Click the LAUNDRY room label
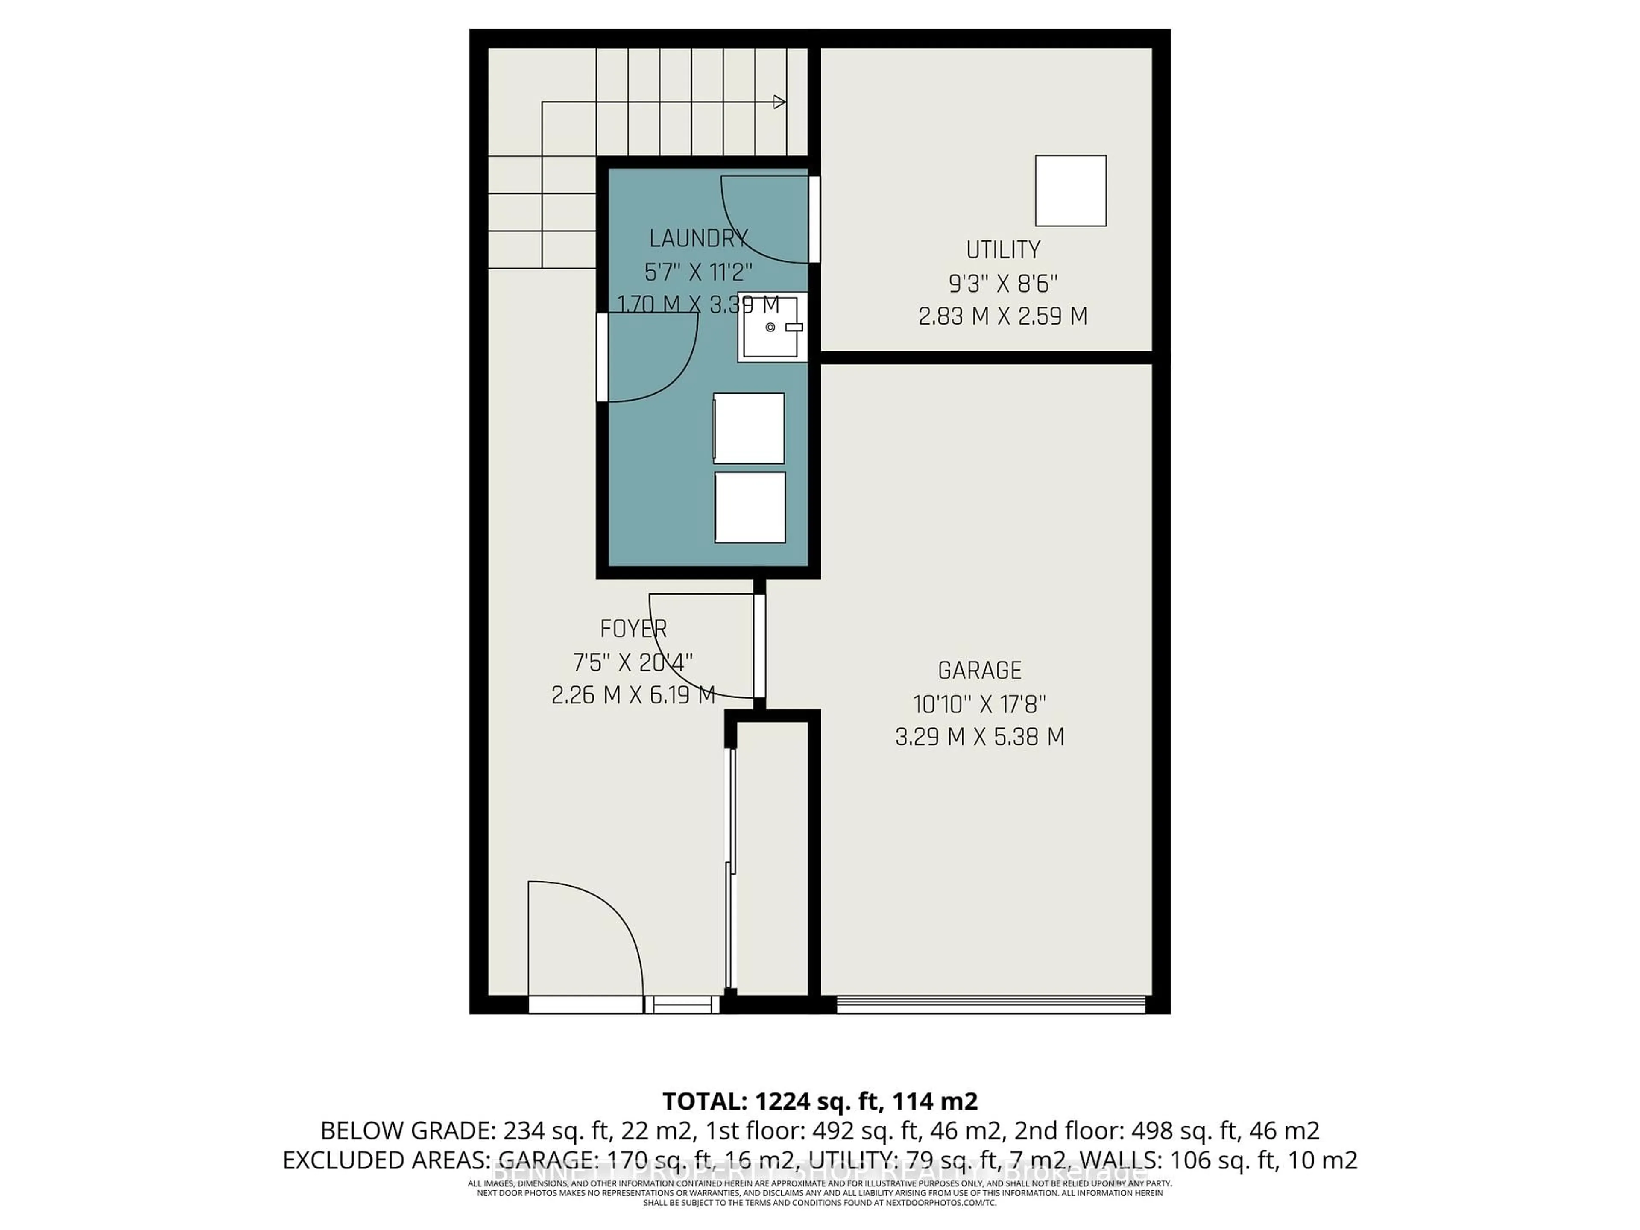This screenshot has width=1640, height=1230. [x=698, y=239]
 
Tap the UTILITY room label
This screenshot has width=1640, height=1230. [x=1002, y=250]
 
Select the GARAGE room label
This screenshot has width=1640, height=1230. [x=979, y=670]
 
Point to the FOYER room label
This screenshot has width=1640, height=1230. [x=633, y=629]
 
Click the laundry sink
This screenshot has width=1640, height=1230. [x=771, y=328]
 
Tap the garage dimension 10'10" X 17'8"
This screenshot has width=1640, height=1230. [x=979, y=703]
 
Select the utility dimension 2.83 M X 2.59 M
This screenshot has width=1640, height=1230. [x=1002, y=316]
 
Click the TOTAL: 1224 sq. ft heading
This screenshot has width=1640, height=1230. [x=819, y=1101]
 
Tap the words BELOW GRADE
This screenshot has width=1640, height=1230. [x=406, y=1130]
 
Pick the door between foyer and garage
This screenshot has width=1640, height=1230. [x=758, y=645]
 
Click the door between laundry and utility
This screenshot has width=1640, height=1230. [x=814, y=219]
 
